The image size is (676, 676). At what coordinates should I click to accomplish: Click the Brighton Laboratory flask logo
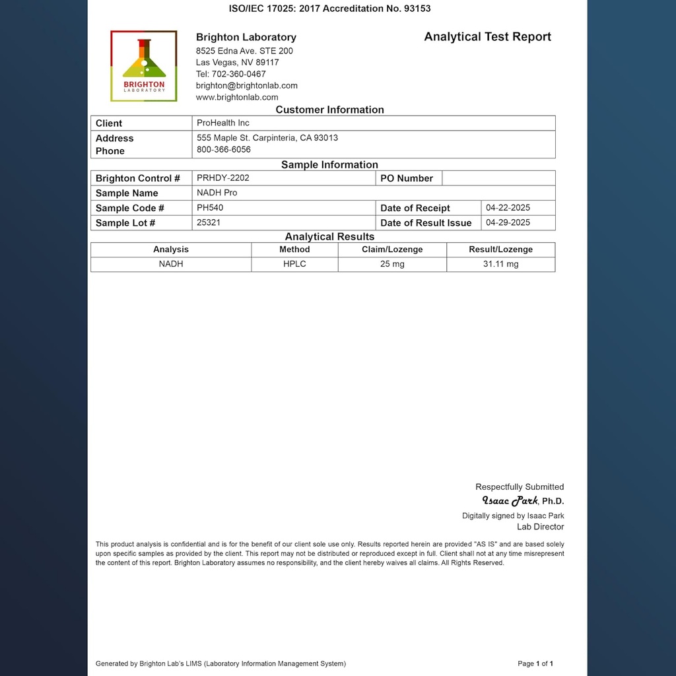[x=144, y=65]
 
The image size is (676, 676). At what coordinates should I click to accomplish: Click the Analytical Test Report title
[x=487, y=37]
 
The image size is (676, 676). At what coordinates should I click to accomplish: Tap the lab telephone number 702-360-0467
[x=231, y=74]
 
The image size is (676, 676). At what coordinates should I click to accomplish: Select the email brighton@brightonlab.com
[x=246, y=86]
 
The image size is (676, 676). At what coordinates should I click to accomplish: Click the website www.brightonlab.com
[x=237, y=97]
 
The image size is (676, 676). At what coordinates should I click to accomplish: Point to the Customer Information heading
[x=329, y=110]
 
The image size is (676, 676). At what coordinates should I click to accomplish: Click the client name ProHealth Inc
[x=223, y=123]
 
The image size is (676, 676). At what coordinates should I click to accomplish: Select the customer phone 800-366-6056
[x=224, y=150]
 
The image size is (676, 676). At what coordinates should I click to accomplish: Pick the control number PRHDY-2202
[x=223, y=178]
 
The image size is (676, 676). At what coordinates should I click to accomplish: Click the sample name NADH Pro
[x=217, y=193]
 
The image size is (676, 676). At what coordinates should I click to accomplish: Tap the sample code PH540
[x=210, y=207]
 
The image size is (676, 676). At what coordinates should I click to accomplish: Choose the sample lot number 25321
[x=209, y=222]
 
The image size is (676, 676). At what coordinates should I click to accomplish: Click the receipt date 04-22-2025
[x=508, y=207]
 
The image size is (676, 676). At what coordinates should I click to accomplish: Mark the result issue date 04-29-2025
[x=508, y=222]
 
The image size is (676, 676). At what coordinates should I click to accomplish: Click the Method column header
[x=294, y=250]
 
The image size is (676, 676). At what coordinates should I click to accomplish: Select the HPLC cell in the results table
[x=294, y=264]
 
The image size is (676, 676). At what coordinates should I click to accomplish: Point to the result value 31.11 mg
[x=500, y=264]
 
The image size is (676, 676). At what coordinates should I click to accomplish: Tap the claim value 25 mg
[x=392, y=264]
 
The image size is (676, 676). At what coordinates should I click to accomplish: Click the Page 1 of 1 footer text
[x=535, y=663]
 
